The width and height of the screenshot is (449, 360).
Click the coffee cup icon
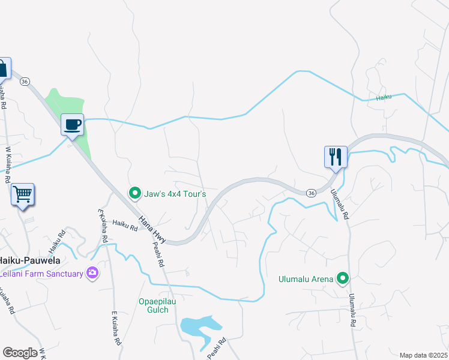click(72, 125)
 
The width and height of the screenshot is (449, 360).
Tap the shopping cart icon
click(22, 194)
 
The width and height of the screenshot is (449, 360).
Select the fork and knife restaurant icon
click(335, 157)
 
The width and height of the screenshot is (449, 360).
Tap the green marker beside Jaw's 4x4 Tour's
click(134, 193)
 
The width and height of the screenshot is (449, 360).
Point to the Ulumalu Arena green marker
click(342, 278)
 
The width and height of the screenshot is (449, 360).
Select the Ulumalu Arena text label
click(306, 278)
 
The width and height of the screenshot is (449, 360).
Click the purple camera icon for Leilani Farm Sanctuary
click(92, 273)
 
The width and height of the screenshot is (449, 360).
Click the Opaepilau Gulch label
click(157, 305)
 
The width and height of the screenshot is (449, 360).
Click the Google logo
click(20, 353)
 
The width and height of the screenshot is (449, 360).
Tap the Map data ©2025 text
click(424, 355)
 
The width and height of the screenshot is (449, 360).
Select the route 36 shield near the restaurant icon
click(310, 193)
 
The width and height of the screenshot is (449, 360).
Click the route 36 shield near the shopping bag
click(25, 81)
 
